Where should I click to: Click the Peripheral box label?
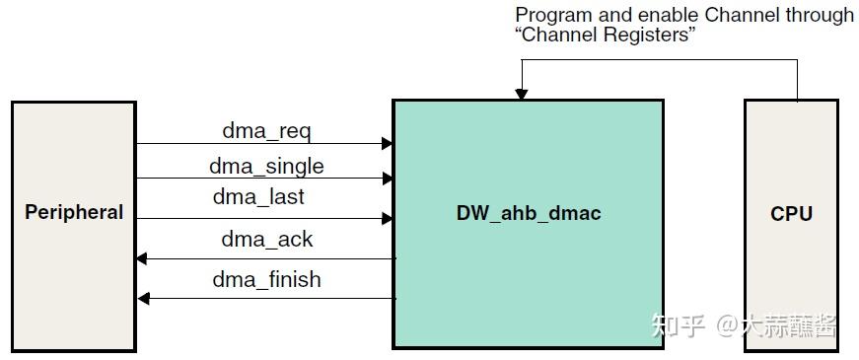tap(74, 212)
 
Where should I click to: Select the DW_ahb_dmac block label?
tap(528, 213)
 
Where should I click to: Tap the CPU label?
tap(791, 213)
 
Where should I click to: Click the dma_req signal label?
tap(266, 130)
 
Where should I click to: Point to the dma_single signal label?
tap(266, 166)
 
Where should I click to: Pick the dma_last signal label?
tap(258, 197)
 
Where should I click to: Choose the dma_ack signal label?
tap(266, 238)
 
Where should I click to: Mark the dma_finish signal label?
tap(266, 279)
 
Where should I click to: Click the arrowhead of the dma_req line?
tap(388, 144)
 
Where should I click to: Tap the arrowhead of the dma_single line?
tap(388, 179)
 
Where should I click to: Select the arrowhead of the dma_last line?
tap(388, 219)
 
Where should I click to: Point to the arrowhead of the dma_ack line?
tap(142, 258)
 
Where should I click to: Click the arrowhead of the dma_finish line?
tap(142, 298)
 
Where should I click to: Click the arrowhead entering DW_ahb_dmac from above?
tap(522, 94)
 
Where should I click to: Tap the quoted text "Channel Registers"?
tap(606, 36)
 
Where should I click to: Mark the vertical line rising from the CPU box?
tap(797, 80)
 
